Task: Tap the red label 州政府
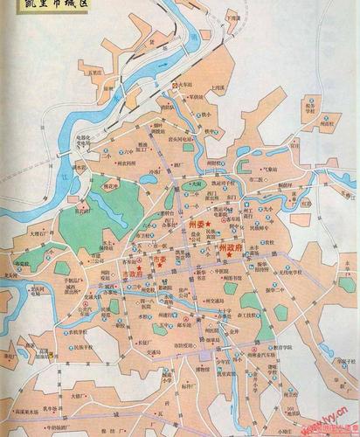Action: click(x=233, y=249)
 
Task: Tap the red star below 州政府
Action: click(x=229, y=256)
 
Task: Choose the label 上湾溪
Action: click(x=219, y=88)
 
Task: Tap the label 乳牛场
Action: click(x=66, y=411)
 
